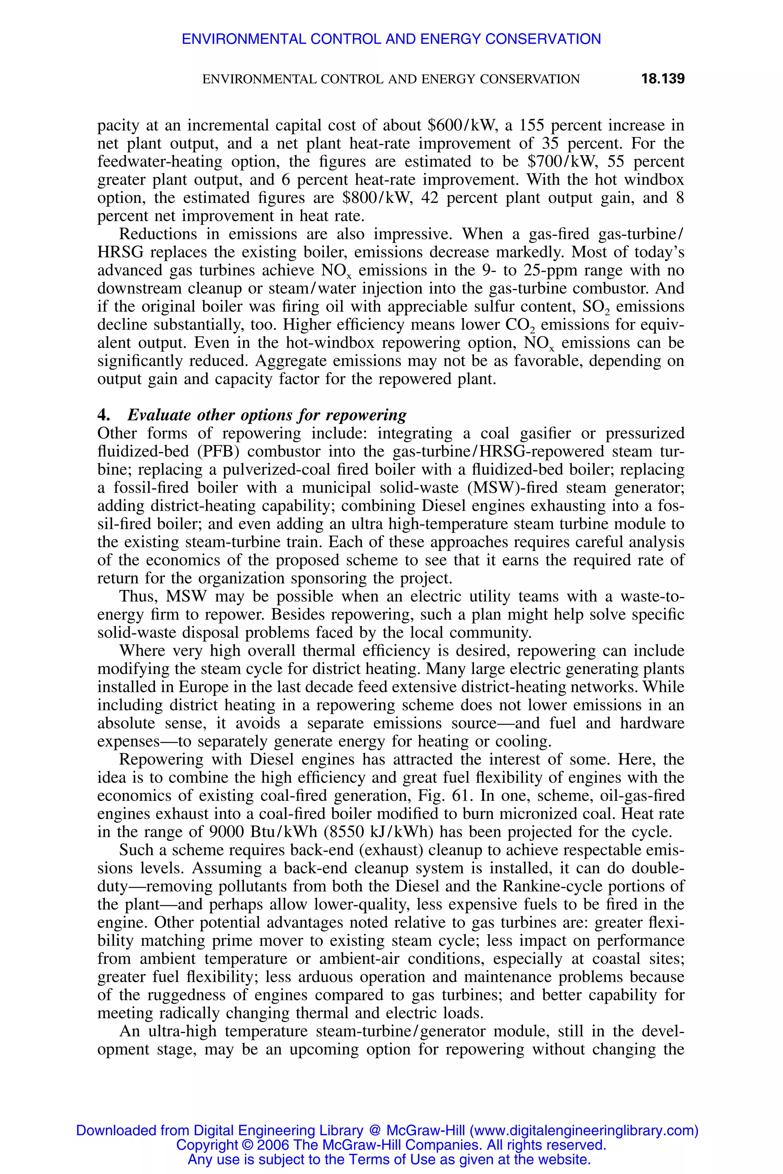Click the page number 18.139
click(x=662, y=79)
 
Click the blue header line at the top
click(x=391, y=39)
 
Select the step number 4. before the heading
click(x=103, y=415)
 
